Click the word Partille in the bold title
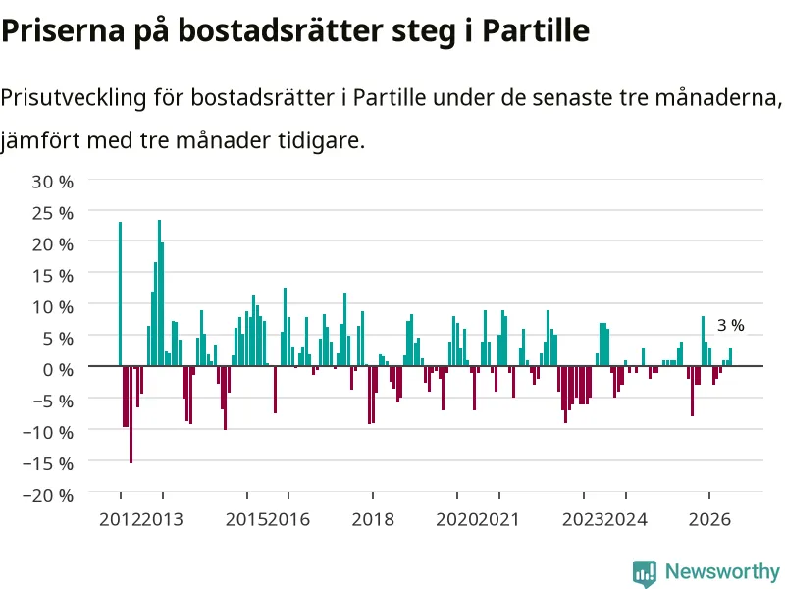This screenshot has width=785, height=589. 536,30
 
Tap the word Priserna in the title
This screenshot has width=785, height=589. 63,30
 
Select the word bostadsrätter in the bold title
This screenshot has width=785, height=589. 281,30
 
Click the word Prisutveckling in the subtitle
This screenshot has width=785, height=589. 74,97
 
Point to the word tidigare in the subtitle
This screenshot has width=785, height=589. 322,140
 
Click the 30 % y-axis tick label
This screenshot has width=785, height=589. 53,182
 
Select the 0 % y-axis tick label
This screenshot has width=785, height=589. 58,370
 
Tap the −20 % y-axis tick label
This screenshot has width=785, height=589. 48,495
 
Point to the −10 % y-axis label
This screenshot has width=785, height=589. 48,432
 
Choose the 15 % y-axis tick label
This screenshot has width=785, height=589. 53,276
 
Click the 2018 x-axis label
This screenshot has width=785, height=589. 373,519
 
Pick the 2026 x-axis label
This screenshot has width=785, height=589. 709,519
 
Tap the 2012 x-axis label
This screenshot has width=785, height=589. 120,519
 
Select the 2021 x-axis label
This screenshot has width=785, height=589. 498,519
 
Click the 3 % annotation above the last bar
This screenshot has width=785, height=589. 730,326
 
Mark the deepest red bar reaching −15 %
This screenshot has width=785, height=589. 131,414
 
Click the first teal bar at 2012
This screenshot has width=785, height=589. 120,294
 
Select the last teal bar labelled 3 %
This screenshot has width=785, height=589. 730,356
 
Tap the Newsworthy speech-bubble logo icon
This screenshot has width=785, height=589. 645,572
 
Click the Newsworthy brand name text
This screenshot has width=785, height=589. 722,571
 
